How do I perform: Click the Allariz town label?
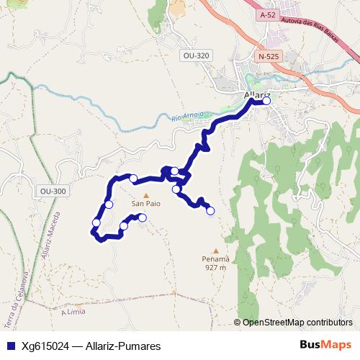(256, 94)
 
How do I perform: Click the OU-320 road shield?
(196, 55)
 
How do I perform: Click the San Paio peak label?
(145, 204)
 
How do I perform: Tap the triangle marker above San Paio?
(145, 195)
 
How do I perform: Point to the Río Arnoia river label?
(188, 114)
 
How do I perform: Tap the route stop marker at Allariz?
(266, 101)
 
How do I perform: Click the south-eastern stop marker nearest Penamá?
(210, 210)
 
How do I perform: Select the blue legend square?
(9, 346)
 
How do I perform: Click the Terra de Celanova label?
(19, 296)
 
